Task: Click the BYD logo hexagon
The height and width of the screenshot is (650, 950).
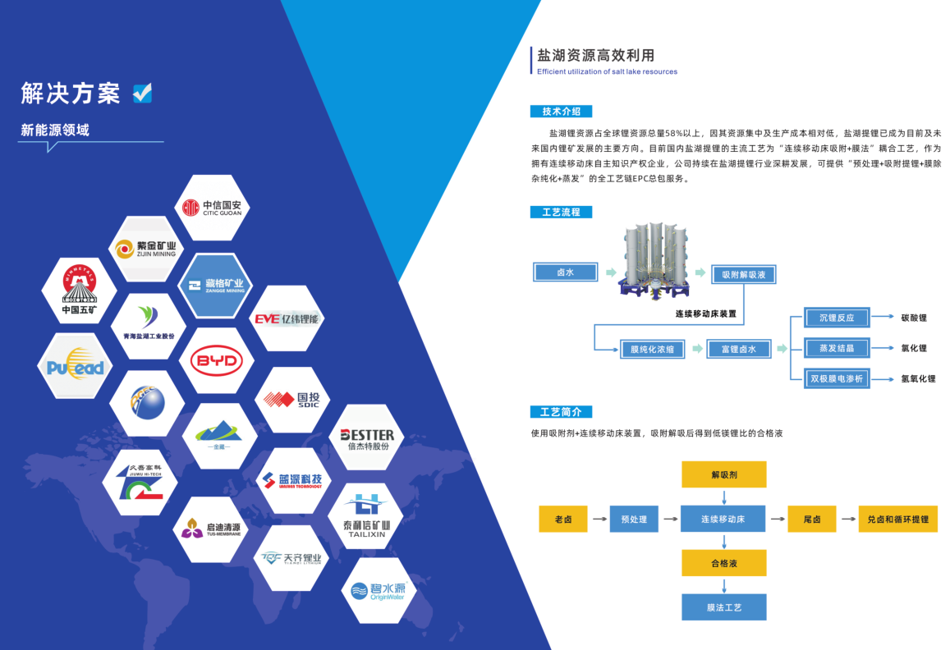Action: tap(216, 360)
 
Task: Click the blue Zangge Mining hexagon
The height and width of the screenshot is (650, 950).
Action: tap(216, 286)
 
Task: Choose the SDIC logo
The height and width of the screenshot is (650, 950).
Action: tap(291, 400)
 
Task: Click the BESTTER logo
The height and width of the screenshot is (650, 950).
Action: tap(367, 437)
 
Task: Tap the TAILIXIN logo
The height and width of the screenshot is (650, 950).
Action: tap(367, 516)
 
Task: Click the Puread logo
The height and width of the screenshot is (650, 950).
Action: tap(76, 366)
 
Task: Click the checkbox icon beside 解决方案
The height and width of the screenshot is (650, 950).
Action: tap(142, 93)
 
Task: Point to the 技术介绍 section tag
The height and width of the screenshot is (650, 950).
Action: tap(562, 112)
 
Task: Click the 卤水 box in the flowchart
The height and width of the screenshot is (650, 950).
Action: tap(566, 272)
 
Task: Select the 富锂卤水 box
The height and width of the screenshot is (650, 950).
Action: tap(739, 349)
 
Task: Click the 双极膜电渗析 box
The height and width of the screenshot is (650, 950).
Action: tap(836, 378)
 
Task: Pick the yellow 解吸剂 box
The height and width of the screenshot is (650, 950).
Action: tap(723, 474)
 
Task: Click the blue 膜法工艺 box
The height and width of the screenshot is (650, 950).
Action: tap(723, 607)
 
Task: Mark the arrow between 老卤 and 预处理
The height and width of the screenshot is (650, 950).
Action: tap(597, 520)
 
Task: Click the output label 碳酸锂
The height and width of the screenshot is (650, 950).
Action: tap(913, 318)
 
